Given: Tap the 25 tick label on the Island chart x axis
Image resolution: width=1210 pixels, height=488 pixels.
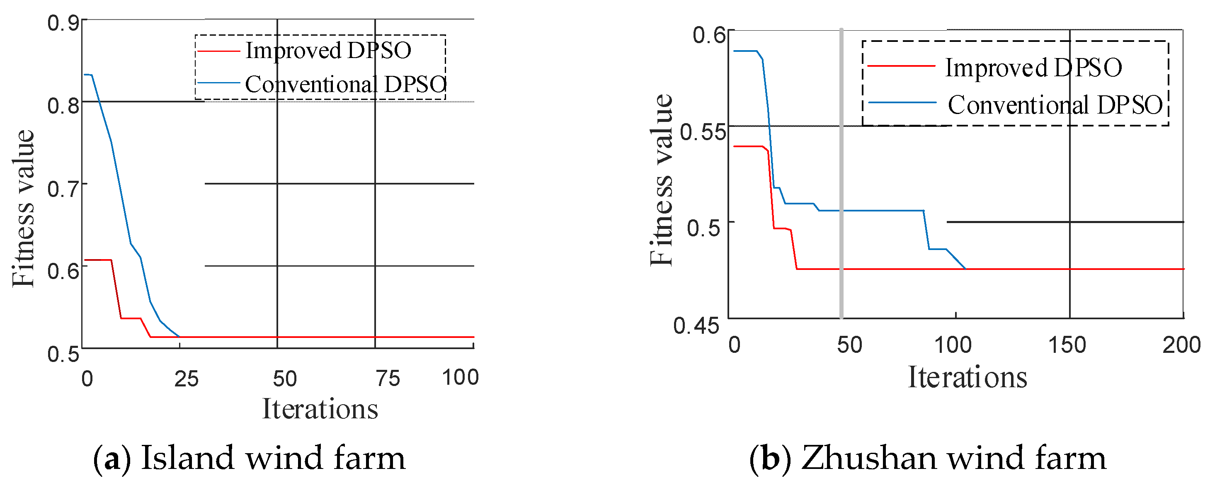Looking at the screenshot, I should coord(186,379).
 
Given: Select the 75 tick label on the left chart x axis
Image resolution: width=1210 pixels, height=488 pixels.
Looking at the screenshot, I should coord(388,379).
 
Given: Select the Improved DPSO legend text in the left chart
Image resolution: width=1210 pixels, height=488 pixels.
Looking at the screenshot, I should coord(328,50).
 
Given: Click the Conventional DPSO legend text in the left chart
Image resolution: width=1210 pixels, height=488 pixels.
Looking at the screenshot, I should coord(345,85).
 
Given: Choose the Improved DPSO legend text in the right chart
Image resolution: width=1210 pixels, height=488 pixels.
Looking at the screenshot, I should coord(1033,68).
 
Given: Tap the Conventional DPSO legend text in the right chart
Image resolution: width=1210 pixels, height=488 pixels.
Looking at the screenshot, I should coord(1055,105).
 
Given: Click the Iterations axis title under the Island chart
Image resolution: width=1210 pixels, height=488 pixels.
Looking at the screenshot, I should coord(320,409).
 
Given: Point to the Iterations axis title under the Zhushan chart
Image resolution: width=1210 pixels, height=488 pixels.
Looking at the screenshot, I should coord(967,377).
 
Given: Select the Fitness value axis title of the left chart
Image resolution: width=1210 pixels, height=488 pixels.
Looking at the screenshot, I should coord(24,208).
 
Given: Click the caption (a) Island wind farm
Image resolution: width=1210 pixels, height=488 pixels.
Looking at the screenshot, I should coord(250,458).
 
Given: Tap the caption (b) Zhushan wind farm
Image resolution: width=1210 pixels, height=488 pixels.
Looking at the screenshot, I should coord(928,458).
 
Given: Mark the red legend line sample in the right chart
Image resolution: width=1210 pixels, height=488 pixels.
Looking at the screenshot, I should coord(901,66).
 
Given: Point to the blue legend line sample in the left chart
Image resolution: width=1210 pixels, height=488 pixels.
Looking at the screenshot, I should coord(219,83).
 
